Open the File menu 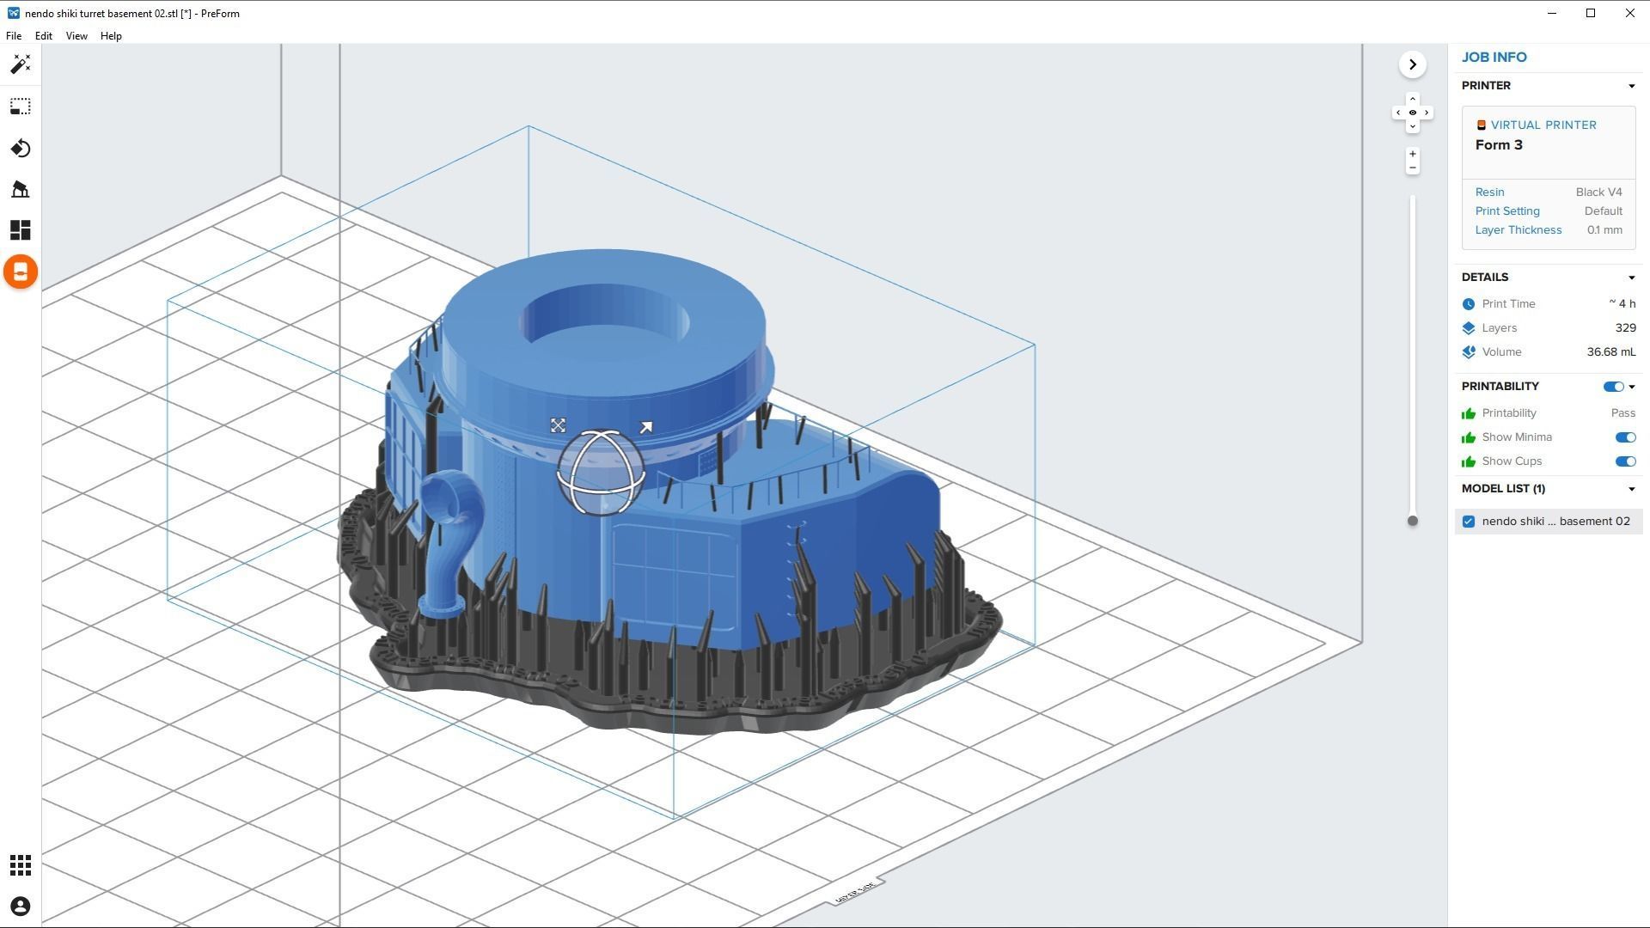[x=14, y=36]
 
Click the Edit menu [x=43, y=36]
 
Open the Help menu [x=111, y=36]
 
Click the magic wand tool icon [x=21, y=64]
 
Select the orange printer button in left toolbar [x=21, y=272]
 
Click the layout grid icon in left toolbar [x=21, y=230]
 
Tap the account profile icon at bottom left [x=21, y=907]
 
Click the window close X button [x=1629, y=13]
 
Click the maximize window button [x=1591, y=13]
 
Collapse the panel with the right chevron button [x=1412, y=64]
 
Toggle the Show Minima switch [x=1624, y=437]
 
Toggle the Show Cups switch [x=1624, y=461]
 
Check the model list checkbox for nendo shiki [x=1469, y=522]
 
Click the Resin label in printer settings [x=1489, y=192]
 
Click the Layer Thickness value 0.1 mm [x=1604, y=230]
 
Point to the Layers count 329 [x=1625, y=328]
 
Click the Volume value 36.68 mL [x=1610, y=352]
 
